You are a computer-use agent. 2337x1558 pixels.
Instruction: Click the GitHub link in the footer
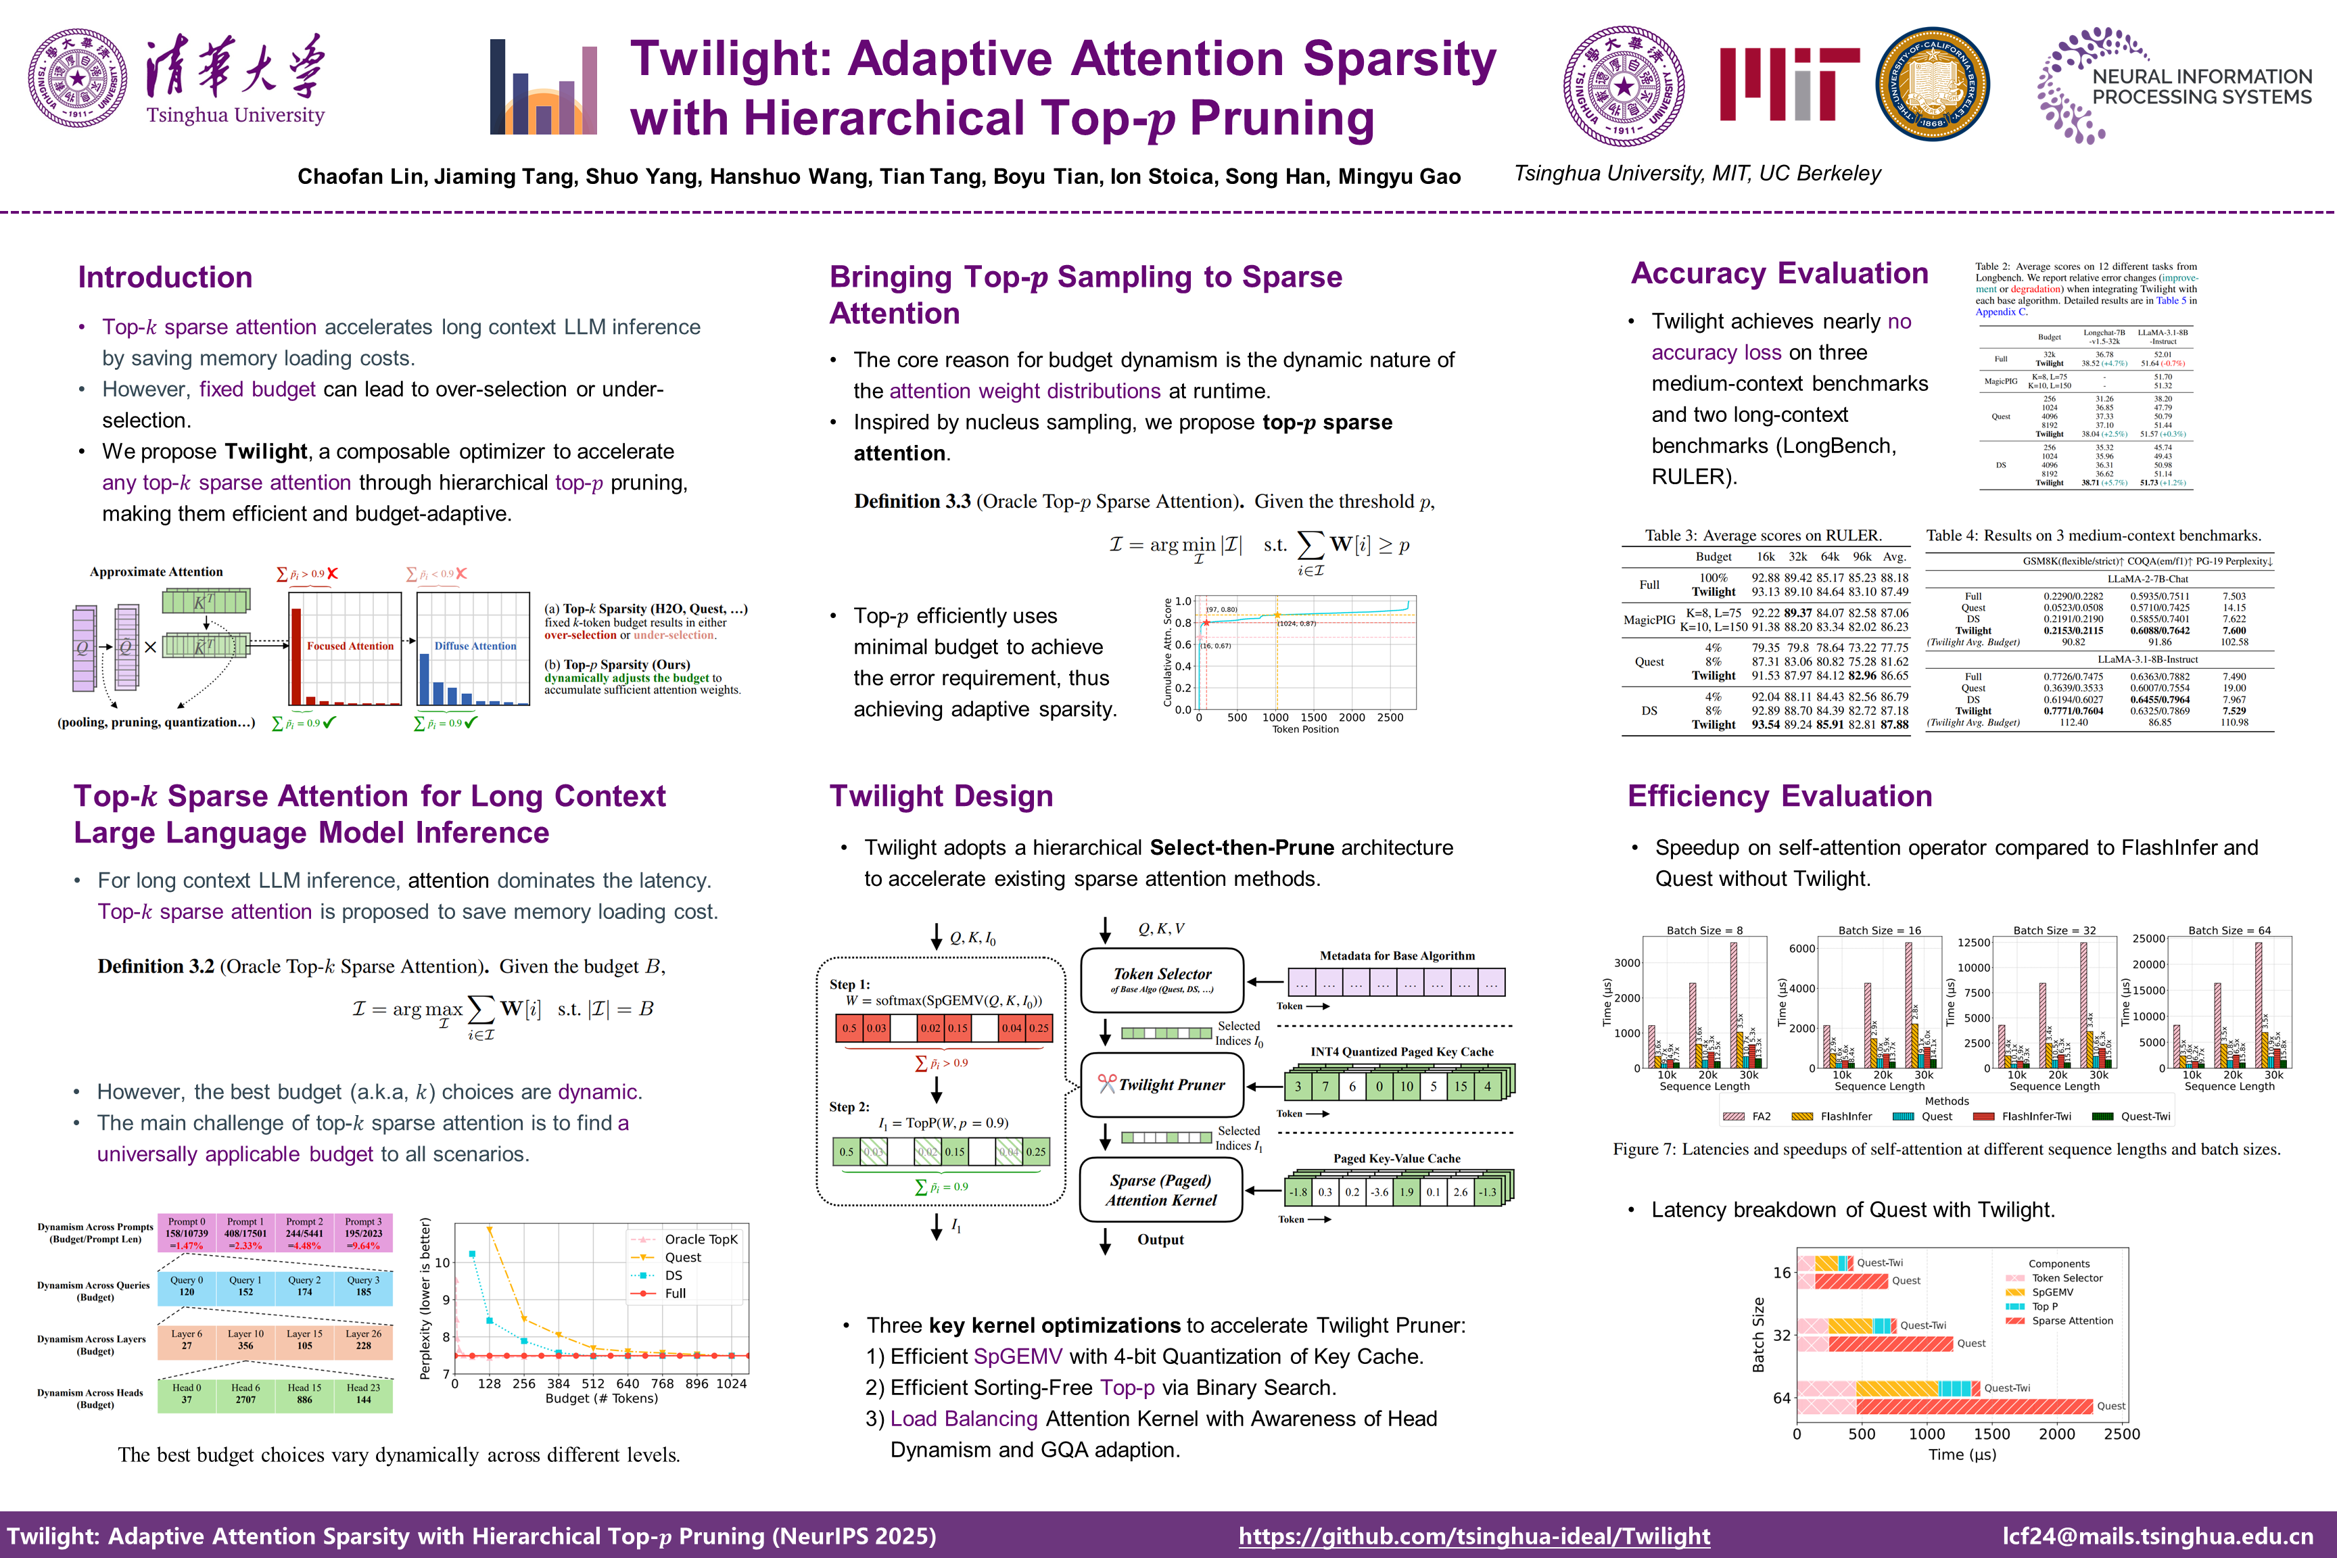[1473, 1536]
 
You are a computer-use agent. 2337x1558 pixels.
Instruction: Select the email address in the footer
[2157, 1536]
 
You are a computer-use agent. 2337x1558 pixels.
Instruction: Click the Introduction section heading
[165, 277]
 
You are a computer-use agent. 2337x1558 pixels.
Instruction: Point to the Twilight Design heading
[941, 796]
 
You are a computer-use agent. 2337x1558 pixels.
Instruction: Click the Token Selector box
[1162, 980]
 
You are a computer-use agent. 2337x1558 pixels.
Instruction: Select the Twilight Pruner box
[1162, 1085]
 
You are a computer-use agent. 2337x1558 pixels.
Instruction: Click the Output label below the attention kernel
[1160, 1240]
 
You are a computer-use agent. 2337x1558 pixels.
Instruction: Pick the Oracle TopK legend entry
[699, 1239]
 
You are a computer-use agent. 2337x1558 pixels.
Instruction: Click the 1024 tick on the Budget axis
[731, 1383]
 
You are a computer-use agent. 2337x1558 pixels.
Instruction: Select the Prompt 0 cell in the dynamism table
[187, 1233]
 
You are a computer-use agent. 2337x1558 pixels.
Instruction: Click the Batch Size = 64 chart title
[2229, 931]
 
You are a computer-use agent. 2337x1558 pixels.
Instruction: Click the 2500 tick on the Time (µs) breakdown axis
[2121, 1434]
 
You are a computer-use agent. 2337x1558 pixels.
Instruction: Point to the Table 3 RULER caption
[1763, 536]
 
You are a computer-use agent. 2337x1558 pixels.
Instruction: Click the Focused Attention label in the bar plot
[350, 646]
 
